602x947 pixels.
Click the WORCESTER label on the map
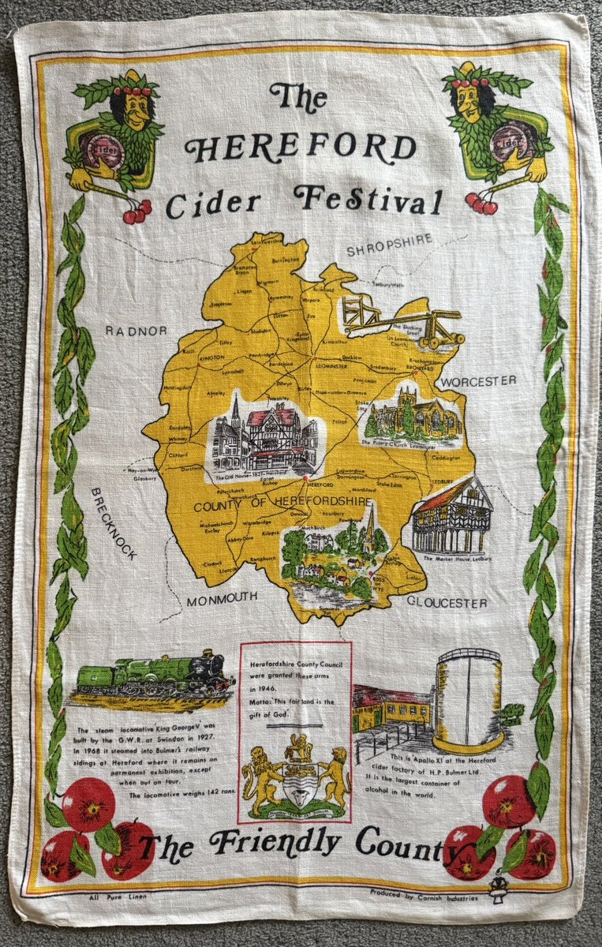[478, 381]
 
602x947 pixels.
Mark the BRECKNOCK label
[114, 522]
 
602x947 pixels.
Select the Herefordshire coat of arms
[296, 777]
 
